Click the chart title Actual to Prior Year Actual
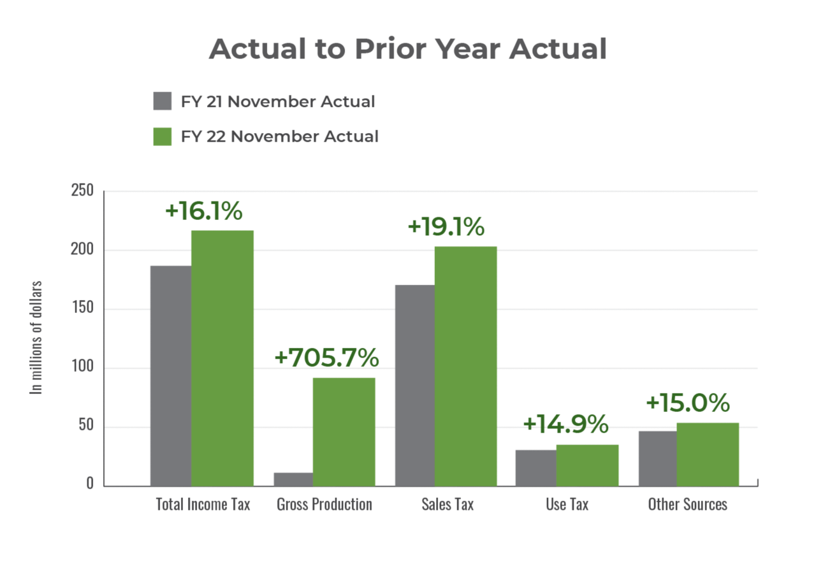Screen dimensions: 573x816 tap(407, 49)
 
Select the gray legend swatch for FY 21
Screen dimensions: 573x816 tap(163, 101)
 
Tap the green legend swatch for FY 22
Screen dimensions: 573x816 tap(163, 136)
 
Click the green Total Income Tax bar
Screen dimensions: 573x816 tap(222, 357)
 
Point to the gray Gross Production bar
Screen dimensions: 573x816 tap(293, 479)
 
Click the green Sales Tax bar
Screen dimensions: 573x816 tap(465, 366)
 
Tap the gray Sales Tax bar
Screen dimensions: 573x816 tap(414, 385)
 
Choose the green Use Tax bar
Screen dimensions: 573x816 tap(587, 465)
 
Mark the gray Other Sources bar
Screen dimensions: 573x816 tap(657, 458)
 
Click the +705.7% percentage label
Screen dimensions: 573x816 tap(326, 358)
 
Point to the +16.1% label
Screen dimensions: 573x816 tap(203, 212)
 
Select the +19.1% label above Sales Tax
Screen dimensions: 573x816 tap(446, 227)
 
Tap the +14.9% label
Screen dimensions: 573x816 tap(565, 424)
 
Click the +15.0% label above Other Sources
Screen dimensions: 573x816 tap(687, 403)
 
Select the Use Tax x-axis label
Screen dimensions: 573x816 tap(567, 504)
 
